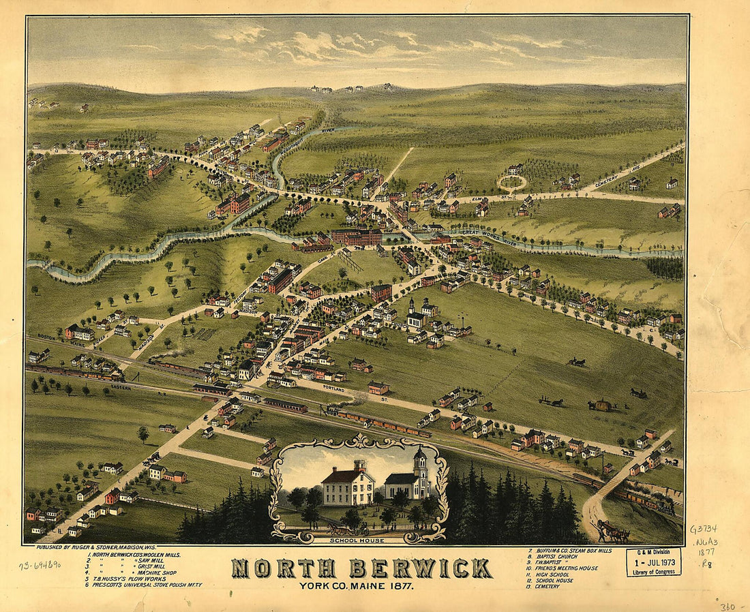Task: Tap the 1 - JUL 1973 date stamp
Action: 653,564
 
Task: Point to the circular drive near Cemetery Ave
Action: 512,182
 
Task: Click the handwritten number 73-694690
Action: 40,564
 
